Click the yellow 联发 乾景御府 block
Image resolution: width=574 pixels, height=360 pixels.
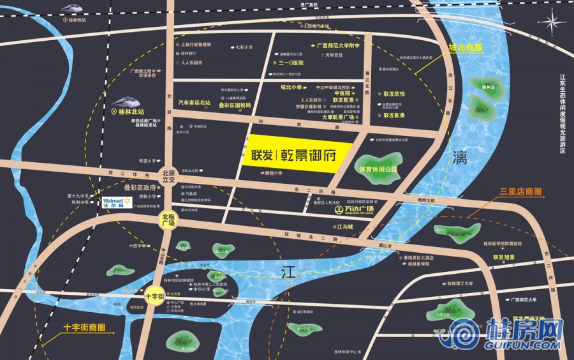tap(298, 154)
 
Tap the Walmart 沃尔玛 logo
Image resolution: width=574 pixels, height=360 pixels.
tap(116, 203)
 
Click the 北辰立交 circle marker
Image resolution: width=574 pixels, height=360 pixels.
tap(168, 177)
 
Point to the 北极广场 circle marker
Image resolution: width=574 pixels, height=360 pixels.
tap(168, 220)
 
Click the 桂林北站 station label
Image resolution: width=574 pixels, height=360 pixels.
tap(133, 110)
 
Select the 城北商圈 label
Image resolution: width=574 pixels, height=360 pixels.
tap(465, 49)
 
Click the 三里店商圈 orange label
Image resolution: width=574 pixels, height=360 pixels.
tap(521, 191)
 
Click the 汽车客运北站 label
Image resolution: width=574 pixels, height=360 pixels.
tap(194, 102)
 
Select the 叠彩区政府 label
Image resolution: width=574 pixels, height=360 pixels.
tap(140, 188)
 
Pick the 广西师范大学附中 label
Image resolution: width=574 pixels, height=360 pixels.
tap(338, 46)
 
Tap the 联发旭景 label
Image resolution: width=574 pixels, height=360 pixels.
tap(503, 257)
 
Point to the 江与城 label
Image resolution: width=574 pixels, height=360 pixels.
tap(342, 226)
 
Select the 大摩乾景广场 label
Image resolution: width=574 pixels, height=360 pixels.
tap(337, 117)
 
